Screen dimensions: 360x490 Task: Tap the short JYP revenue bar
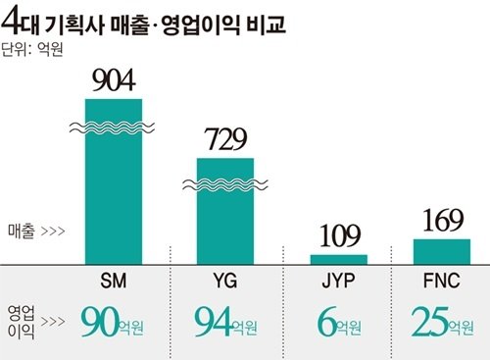coord(339,259)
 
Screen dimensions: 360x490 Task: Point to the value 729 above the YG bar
coord(225,140)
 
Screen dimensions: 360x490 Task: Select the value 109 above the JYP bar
coord(339,235)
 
